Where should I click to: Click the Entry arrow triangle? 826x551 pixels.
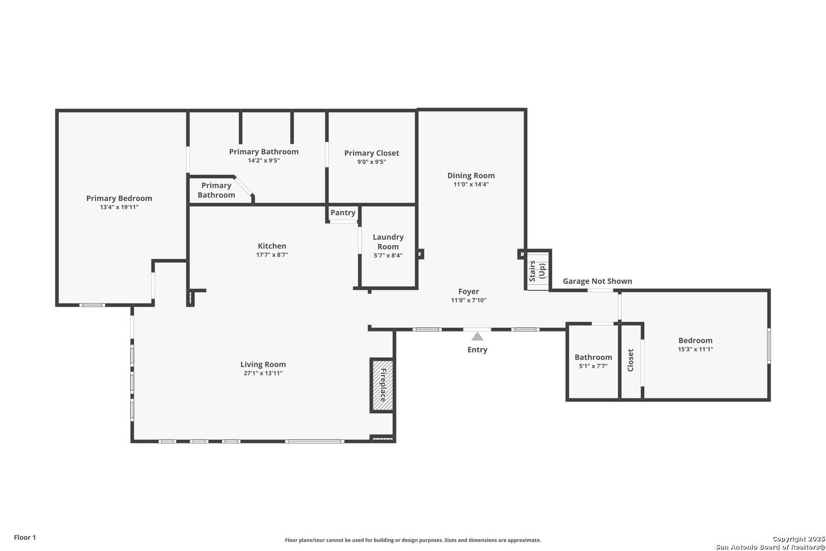point(477,336)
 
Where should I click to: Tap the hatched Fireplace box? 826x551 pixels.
point(382,385)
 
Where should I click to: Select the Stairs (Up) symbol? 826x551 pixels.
point(538,271)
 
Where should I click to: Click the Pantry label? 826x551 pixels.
point(343,213)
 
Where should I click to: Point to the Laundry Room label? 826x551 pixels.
point(388,242)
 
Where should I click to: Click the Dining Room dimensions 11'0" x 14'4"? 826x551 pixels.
point(471,184)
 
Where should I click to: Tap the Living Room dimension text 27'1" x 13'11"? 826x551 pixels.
point(263,373)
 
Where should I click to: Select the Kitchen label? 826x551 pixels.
point(272,246)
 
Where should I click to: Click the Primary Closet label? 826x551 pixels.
point(372,153)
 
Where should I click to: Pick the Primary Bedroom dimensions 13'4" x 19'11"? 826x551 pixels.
point(119,207)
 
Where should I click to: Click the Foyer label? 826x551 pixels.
point(469,291)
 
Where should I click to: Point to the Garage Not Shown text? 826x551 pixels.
point(598,281)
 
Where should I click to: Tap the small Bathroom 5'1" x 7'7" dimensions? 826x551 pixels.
point(593,366)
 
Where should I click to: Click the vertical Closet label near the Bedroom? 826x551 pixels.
point(631,360)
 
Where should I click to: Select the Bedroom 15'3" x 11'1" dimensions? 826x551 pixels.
point(695,349)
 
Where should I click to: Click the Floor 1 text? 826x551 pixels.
point(25,537)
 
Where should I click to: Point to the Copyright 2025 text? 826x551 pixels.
point(798,539)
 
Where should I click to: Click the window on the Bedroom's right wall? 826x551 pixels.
point(769,346)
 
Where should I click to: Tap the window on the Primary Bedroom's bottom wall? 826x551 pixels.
point(92,305)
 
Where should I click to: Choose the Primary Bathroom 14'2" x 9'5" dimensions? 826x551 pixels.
point(264,161)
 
